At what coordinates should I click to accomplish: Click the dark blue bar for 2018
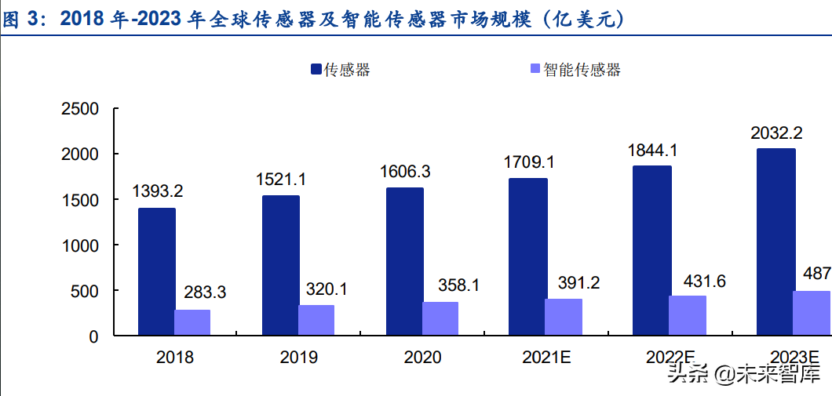point(156,271)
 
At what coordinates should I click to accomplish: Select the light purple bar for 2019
point(316,320)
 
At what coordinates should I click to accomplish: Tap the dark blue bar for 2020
point(404,261)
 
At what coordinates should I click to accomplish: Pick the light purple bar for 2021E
point(564,317)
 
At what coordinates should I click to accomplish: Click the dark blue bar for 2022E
point(651,250)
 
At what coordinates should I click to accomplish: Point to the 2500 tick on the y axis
point(81,109)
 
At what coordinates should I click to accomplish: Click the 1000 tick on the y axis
point(81,245)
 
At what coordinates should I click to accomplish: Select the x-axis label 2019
point(298,358)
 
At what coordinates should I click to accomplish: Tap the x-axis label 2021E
point(545,358)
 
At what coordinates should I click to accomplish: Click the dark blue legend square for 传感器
point(316,70)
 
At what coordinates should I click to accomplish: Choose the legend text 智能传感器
point(582,70)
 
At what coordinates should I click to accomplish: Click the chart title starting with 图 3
point(314,20)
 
